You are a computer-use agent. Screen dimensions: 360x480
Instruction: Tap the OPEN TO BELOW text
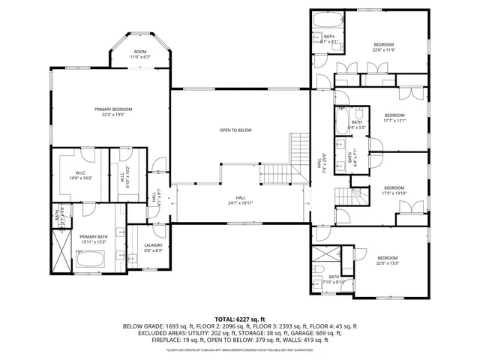pyautogui.click(x=235, y=130)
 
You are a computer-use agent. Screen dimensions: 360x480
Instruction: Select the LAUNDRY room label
pyautogui.click(x=153, y=247)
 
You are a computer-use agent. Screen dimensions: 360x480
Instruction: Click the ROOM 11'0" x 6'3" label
pyautogui.click(x=140, y=55)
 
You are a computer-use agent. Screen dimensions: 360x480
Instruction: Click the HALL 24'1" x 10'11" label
pyautogui.click(x=241, y=200)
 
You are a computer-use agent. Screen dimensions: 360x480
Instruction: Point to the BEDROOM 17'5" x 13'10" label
pyautogui.click(x=394, y=190)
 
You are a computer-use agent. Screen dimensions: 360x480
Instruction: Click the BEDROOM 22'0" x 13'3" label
pyautogui.click(x=387, y=259)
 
